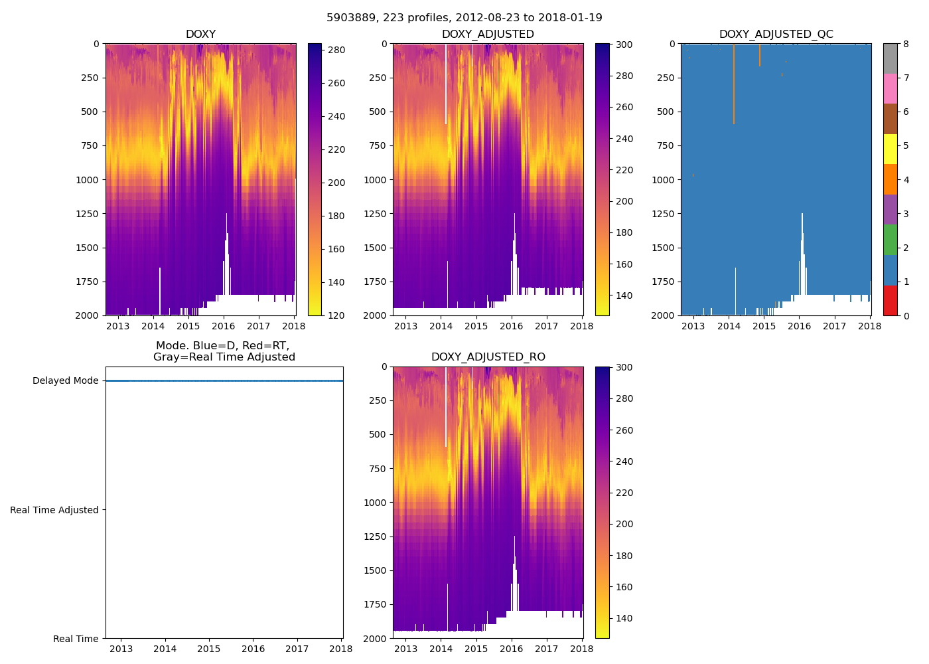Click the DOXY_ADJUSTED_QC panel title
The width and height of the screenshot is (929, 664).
[776, 35]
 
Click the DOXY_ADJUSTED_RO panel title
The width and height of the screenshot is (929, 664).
[488, 357]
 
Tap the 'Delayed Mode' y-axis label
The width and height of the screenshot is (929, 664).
[65, 381]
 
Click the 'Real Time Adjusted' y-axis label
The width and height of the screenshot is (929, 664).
[54, 510]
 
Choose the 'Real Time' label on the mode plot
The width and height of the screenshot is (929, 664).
[76, 639]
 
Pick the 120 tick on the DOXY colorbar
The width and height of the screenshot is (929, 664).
[336, 315]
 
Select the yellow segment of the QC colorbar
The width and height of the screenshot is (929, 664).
[890, 149]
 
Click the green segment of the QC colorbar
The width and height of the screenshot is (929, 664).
[890, 240]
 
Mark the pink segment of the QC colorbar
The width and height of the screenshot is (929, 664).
[890, 88]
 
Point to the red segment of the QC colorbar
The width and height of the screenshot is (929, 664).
[890, 300]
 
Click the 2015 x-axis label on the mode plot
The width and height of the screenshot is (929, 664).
[209, 649]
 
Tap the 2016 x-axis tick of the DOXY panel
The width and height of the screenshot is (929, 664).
[224, 326]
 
